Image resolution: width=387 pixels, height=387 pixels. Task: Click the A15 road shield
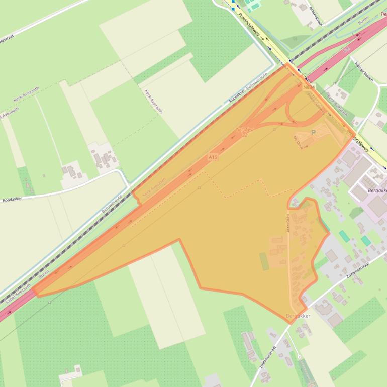(213, 157)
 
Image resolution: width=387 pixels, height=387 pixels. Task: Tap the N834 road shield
(309, 87)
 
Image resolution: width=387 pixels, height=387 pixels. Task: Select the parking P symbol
(314, 132)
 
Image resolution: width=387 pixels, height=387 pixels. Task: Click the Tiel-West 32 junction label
(245, 132)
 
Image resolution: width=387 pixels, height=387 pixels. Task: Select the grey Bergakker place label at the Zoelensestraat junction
(298, 316)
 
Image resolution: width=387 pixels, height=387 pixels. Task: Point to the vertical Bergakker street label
(288, 223)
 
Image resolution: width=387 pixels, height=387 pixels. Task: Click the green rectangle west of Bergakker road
(264, 261)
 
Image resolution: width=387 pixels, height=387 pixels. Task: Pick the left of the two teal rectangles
(344, 235)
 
